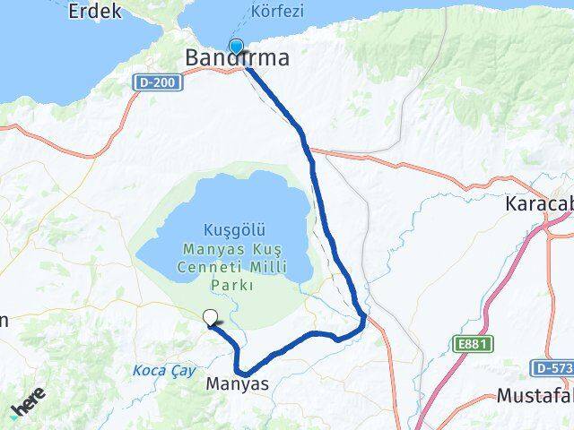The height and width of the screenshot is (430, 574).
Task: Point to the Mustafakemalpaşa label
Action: (x=535, y=395)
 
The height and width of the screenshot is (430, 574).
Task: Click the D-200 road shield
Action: (x=159, y=82)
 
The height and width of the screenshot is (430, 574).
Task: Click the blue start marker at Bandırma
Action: (x=236, y=47)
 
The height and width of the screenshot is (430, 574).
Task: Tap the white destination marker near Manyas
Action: (x=211, y=317)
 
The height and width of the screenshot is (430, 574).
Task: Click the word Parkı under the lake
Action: (x=231, y=285)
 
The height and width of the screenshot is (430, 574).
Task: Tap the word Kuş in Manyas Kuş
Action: (x=248, y=247)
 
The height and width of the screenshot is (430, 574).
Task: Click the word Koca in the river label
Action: (x=150, y=370)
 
